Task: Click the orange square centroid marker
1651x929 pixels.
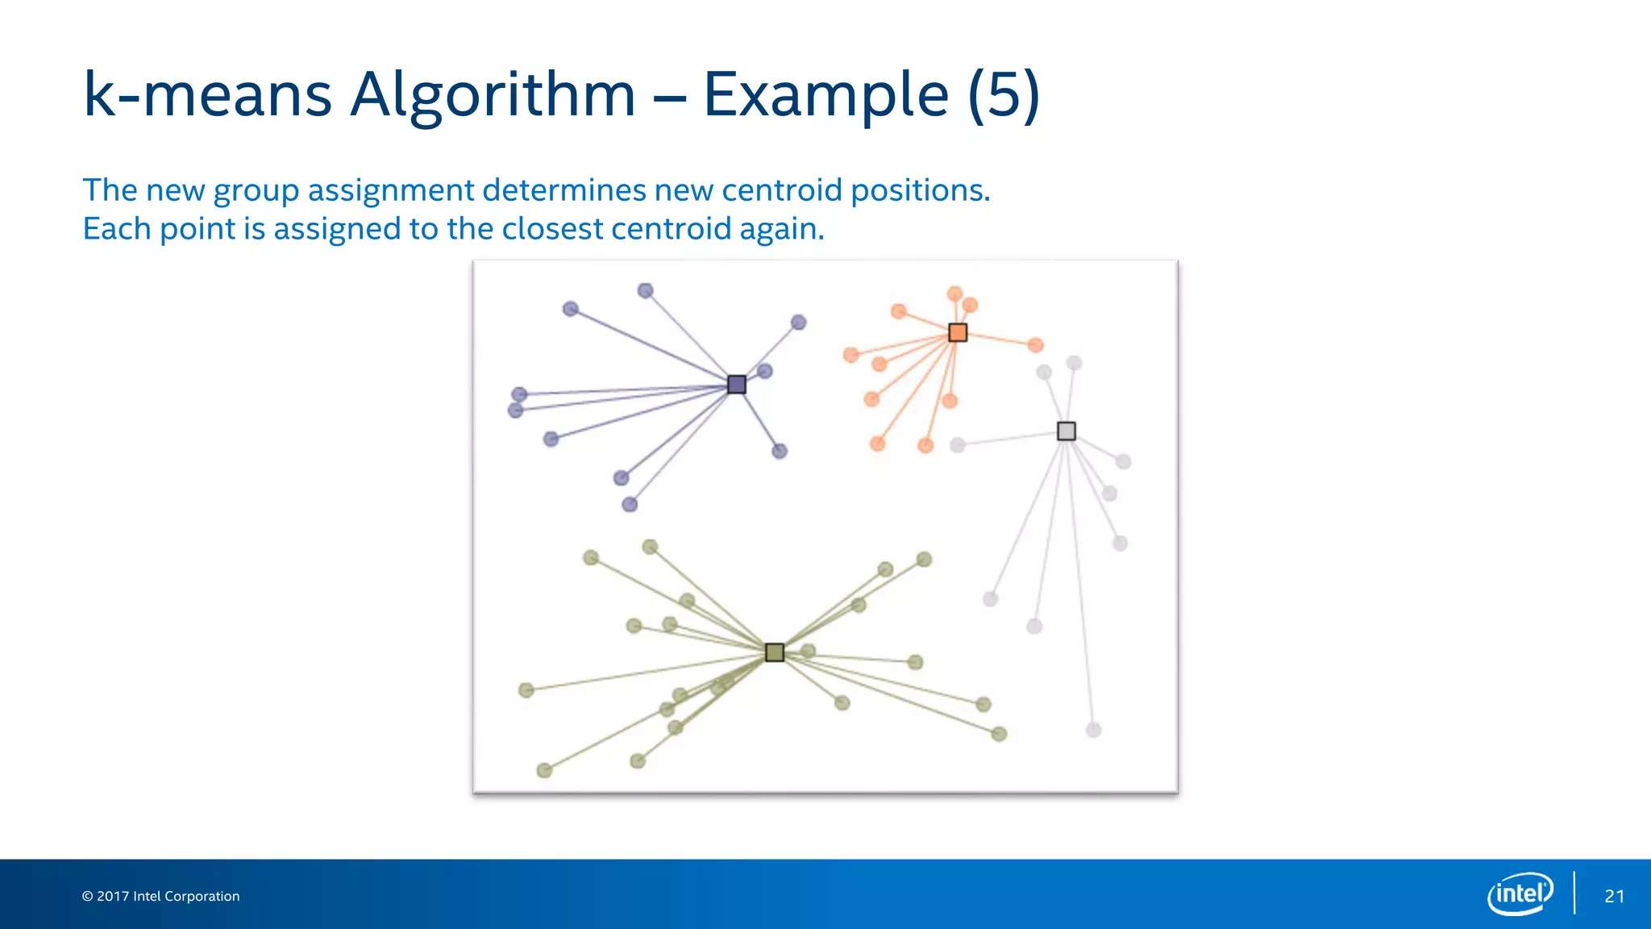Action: pos(957,332)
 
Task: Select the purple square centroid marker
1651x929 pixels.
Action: pos(736,384)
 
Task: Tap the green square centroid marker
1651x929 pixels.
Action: pos(774,652)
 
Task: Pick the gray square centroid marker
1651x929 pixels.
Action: pos(1066,431)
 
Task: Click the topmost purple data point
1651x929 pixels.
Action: pos(645,290)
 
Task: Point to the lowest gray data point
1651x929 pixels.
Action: pos(1093,730)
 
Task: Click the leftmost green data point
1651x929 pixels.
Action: pos(526,690)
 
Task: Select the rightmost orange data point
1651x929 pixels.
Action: pos(1036,345)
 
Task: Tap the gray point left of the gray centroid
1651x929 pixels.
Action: pos(957,444)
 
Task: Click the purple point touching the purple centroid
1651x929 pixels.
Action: pos(765,371)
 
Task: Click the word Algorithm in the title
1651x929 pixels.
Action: pos(493,95)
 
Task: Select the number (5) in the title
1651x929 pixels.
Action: pos(1004,95)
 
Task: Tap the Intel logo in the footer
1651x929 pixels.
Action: pos(1520,894)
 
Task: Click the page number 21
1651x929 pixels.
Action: pos(1614,896)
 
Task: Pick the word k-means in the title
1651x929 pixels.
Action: pos(207,95)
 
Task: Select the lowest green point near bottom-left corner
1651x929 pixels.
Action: pos(544,770)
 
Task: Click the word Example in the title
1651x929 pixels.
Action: pos(825,95)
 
